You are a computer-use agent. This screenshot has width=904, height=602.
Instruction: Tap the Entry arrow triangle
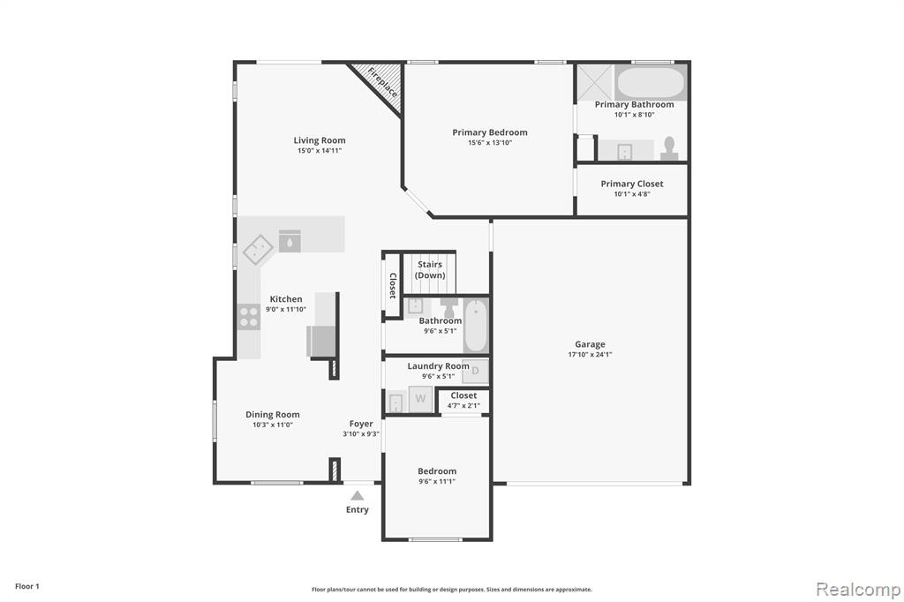coord(358,496)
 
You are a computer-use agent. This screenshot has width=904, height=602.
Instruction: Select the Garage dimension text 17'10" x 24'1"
coord(590,355)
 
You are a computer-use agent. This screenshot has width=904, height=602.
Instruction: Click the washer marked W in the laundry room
coord(421,399)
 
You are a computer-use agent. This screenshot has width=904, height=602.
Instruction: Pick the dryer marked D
coord(475,372)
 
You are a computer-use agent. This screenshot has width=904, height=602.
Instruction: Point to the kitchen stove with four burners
coord(249,317)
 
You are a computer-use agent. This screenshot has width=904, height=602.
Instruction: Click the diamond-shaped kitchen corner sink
coord(258,250)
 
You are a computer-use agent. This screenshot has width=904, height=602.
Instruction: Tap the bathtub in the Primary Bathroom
coord(651,83)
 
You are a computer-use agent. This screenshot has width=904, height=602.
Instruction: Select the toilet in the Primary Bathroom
coord(669,148)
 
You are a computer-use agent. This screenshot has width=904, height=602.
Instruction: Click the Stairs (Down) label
coord(430,270)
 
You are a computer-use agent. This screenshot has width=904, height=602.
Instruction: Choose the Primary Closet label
coord(632,184)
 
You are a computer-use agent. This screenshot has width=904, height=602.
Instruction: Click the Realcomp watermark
coord(858,590)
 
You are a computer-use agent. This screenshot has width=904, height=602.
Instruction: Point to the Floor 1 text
coord(27,586)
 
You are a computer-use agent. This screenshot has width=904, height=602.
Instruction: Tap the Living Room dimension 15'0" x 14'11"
coord(320,151)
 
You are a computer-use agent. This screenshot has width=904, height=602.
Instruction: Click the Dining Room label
coord(273,415)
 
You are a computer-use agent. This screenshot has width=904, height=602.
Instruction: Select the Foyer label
coord(361,424)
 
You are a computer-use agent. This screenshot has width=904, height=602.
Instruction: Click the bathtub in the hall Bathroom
coord(476,325)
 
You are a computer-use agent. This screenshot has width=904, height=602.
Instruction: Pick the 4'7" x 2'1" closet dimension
coord(463,406)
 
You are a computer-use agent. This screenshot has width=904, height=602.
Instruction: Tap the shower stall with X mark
coord(595,83)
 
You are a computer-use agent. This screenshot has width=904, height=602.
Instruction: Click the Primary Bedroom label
coord(490,132)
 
